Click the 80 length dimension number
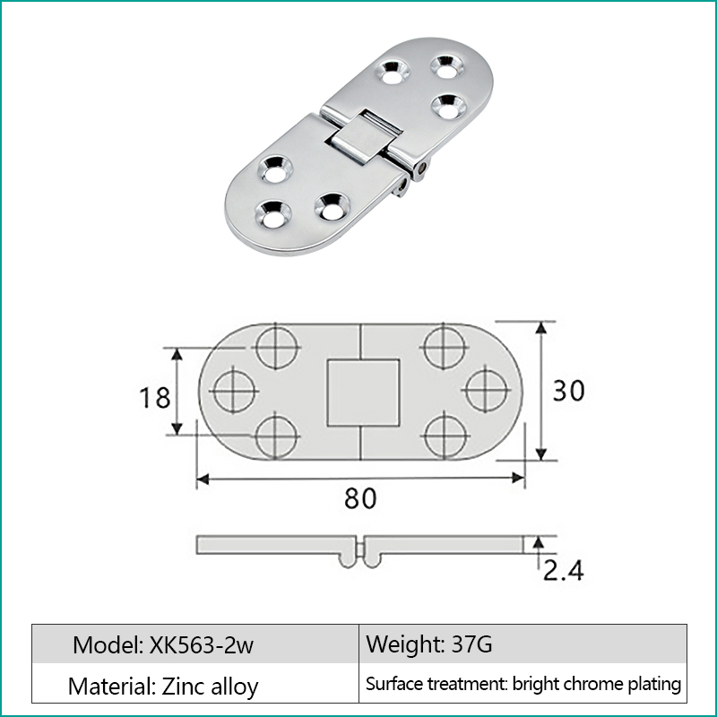click(360, 498)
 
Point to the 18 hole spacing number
click(155, 395)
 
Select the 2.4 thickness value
click(562, 569)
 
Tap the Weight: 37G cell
click(428, 644)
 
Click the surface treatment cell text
click(523, 685)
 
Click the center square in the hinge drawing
click(361, 392)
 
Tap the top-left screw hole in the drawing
click(275, 345)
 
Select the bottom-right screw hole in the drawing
click(445, 436)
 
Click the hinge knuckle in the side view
click(360, 556)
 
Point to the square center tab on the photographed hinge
click(362, 134)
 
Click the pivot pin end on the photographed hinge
click(419, 168)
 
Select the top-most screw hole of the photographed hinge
click(445, 66)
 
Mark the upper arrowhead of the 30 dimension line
click(540, 330)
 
